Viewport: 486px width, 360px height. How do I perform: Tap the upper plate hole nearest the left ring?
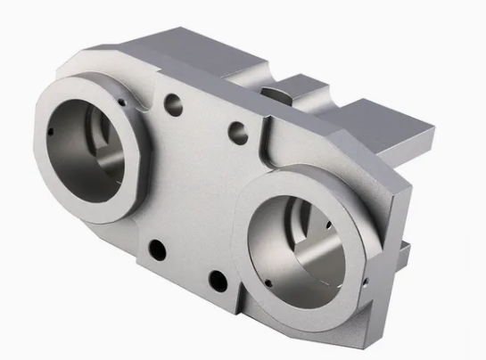pyautogui.click(x=174, y=105)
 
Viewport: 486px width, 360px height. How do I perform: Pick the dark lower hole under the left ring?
pyautogui.click(x=158, y=250)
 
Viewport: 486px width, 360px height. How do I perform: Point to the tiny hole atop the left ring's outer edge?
pyautogui.click(x=119, y=102)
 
